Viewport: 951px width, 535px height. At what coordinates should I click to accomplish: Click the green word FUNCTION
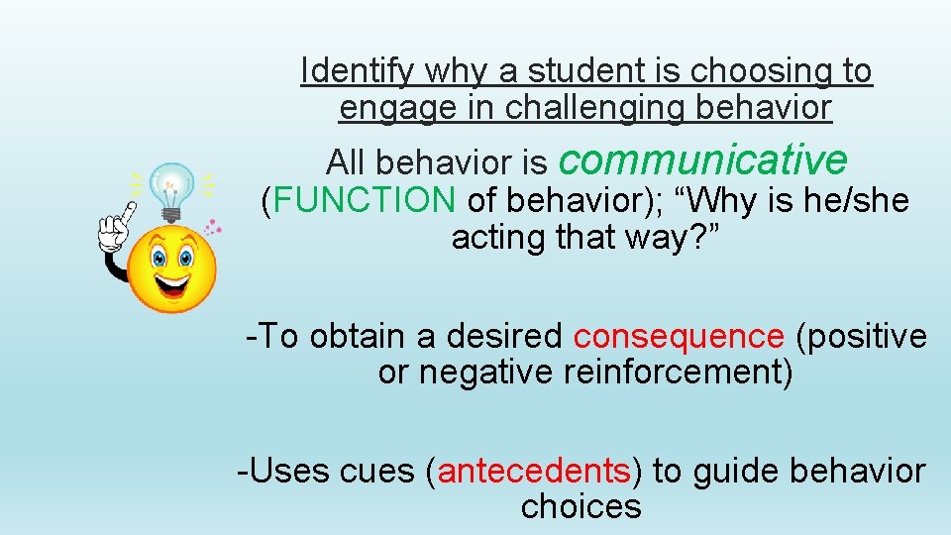(365, 200)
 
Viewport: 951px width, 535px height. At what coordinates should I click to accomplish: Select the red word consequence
(679, 337)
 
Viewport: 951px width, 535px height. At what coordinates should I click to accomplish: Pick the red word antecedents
(534, 471)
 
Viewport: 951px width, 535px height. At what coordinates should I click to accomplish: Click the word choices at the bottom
(581, 507)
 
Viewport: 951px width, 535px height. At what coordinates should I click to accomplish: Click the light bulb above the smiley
(171, 187)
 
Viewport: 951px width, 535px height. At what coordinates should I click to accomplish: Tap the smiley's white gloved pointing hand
(113, 233)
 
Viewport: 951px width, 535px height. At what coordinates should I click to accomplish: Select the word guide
(735, 471)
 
